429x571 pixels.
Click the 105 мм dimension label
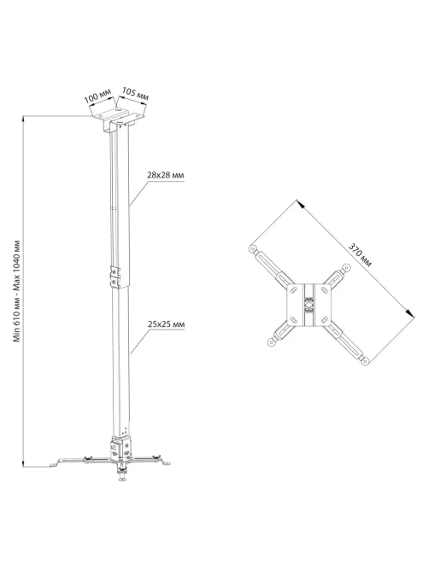135,93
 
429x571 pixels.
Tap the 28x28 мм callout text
166,175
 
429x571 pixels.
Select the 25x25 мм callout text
166,323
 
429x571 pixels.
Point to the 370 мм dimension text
360,255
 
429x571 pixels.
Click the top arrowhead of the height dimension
24,119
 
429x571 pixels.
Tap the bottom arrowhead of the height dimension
24,463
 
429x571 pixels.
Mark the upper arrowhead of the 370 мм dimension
300,204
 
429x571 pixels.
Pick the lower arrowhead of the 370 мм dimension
410,313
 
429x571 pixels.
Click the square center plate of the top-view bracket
309,305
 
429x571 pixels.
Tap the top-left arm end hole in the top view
252,249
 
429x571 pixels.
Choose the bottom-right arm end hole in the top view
365,361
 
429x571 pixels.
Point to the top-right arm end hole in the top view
346,269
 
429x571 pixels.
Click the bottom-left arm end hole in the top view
271,342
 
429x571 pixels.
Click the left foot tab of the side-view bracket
56,463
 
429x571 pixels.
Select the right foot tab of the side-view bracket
165,462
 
